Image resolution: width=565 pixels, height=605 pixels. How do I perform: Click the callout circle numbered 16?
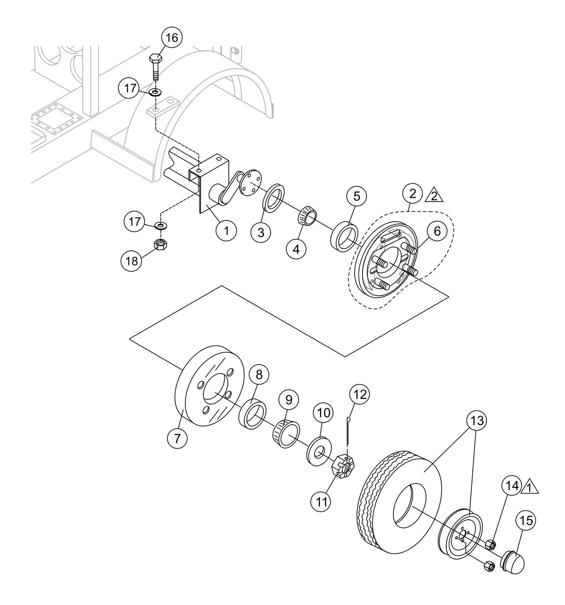(172, 38)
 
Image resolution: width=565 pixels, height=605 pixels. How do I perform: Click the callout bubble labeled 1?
(226, 230)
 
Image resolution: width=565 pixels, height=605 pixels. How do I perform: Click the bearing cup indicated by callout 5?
(344, 236)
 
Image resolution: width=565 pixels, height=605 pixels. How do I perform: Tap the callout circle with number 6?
(437, 231)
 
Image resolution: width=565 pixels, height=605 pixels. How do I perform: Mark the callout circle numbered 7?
(177, 439)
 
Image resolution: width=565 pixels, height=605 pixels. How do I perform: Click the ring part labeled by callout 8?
(253, 413)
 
